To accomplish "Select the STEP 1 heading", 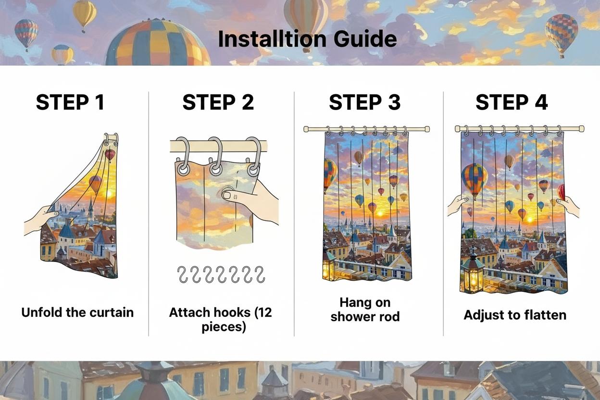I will coord(70,102).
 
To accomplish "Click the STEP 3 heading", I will coord(364,102).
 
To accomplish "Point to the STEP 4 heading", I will coord(512,102).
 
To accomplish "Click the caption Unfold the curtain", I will coord(77,312).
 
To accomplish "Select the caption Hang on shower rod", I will coord(365,310).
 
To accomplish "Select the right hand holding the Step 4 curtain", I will coord(570,205).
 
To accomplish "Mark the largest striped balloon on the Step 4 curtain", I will coord(474,179).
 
